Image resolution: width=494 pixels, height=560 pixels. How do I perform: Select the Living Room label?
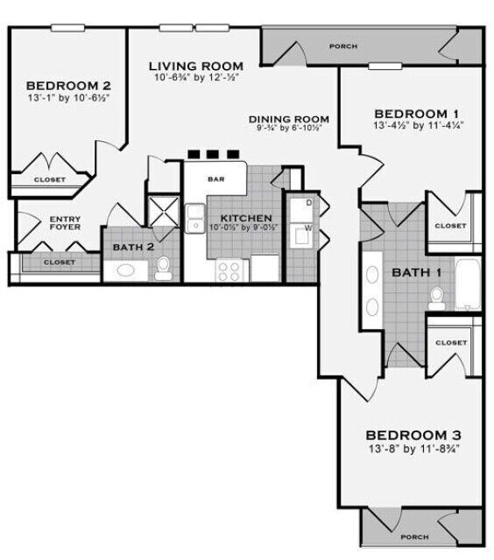(x=195, y=66)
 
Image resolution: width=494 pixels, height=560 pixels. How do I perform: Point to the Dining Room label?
(x=288, y=119)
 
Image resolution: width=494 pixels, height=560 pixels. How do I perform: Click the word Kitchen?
(x=245, y=218)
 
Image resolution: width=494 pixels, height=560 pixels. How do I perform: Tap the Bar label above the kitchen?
(x=215, y=178)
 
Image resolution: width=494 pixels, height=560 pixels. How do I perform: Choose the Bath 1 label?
(x=416, y=272)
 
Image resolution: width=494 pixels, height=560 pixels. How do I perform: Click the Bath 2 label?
(x=133, y=247)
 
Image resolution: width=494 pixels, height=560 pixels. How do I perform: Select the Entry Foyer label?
(x=66, y=224)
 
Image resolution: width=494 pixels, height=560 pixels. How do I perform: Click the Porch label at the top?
(x=343, y=45)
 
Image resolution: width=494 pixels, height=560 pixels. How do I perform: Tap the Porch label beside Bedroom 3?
(x=413, y=536)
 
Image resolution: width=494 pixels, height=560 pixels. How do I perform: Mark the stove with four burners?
(x=229, y=269)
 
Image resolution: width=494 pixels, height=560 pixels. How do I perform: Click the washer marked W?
(x=307, y=233)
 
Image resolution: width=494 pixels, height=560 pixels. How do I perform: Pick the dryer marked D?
(x=307, y=204)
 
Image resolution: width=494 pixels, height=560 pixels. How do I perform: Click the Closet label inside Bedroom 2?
(x=49, y=179)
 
